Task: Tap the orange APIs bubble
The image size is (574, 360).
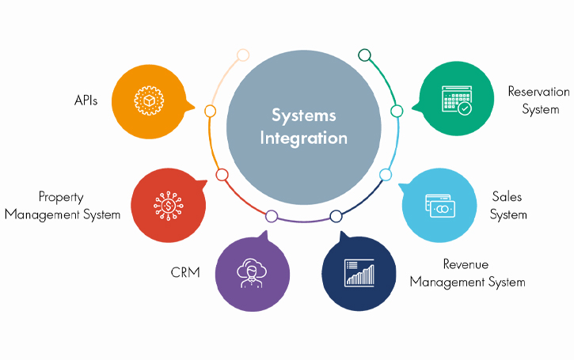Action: (x=151, y=102)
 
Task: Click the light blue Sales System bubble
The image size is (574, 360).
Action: (x=439, y=205)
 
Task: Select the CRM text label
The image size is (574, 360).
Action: (x=184, y=272)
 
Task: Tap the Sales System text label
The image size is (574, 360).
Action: (x=507, y=205)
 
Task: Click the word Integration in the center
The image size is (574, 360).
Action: (x=304, y=138)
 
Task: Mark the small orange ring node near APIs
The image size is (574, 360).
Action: (x=210, y=111)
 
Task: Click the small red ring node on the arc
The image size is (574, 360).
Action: (x=222, y=175)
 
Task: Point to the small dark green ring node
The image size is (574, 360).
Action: (x=364, y=55)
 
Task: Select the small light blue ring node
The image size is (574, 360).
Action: (x=386, y=174)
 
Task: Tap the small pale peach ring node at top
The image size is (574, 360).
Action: (x=243, y=55)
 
